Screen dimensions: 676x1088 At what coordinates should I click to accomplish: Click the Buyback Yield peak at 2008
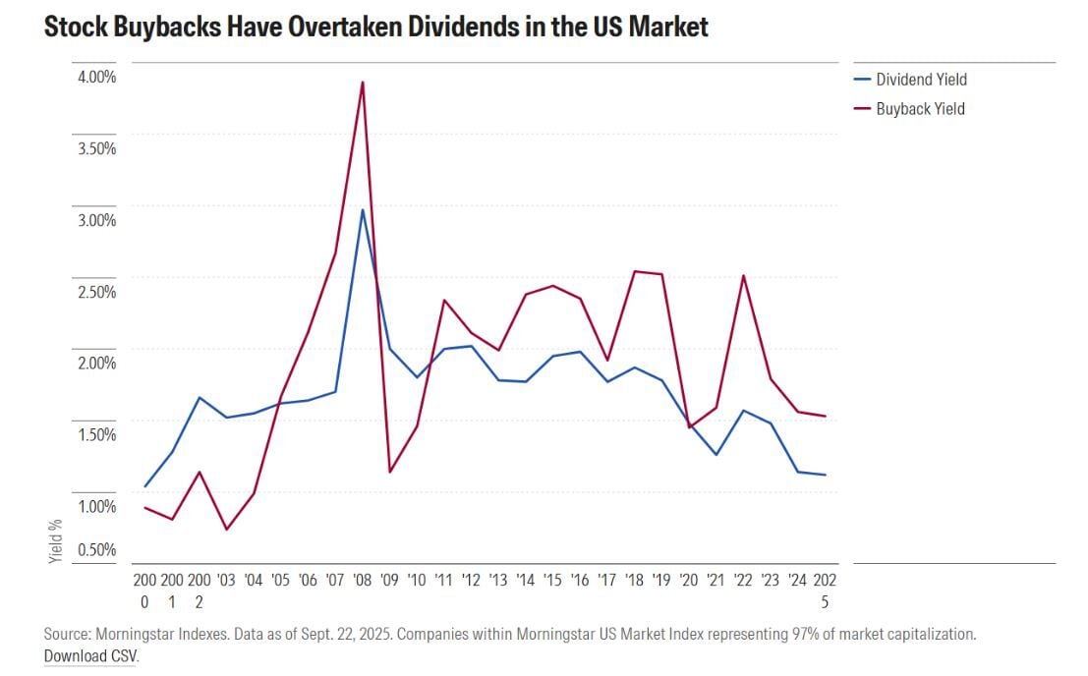pyautogui.click(x=363, y=83)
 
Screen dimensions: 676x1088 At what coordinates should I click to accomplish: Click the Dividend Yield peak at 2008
pyautogui.click(x=363, y=210)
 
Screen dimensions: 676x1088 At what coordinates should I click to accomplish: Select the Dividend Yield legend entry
pyautogui.click(x=921, y=80)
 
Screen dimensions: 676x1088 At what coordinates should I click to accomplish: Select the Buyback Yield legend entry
pyautogui.click(x=920, y=109)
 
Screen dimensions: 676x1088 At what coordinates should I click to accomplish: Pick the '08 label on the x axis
pyautogui.click(x=363, y=581)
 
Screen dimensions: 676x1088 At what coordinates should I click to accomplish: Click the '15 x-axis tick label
pyautogui.click(x=552, y=581)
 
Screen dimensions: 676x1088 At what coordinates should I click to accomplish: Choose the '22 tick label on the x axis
pyautogui.click(x=743, y=581)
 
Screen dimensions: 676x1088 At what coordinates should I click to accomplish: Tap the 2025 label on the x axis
pyautogui.click(x=825, y=591)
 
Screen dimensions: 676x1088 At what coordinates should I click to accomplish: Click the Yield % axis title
pyautogui.click(x=56, y=540)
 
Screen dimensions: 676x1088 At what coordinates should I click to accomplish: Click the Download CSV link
pyautogui.click(x=90, y=655)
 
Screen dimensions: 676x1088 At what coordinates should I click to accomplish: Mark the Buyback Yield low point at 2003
pyautogui.click(x=227, y=530)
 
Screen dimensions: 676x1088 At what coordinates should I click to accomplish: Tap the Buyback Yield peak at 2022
pyautogui.click(x=743, y=276)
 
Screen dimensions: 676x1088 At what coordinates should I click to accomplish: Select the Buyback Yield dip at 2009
pyautogui.click(x=390, y=472)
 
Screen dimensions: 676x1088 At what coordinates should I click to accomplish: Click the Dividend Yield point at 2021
pyautogui.click(x=716, y=455)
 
